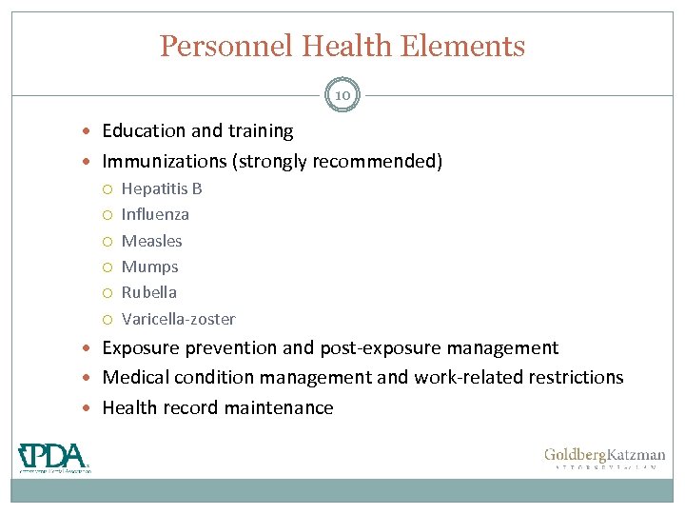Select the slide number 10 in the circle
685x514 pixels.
point(342,94)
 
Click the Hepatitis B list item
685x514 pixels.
point(162,188)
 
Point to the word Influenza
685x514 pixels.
point(155,214)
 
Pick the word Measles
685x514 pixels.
point(151,241)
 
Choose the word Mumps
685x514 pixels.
point(149,267)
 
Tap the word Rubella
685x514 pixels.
point(148,292)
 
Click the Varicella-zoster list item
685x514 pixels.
point(178,319)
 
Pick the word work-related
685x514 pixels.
point(456,377)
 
